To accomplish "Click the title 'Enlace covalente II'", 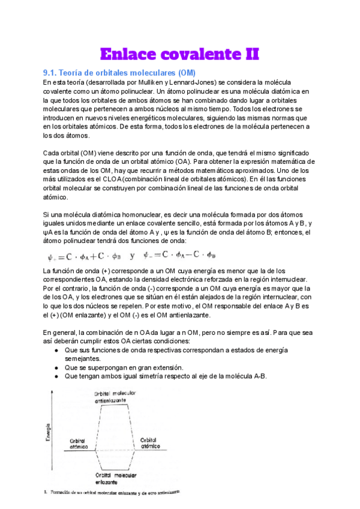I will pos(179,55).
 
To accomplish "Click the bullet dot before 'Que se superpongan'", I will pos(56,367).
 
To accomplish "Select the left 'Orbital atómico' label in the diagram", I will pos(77,442).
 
